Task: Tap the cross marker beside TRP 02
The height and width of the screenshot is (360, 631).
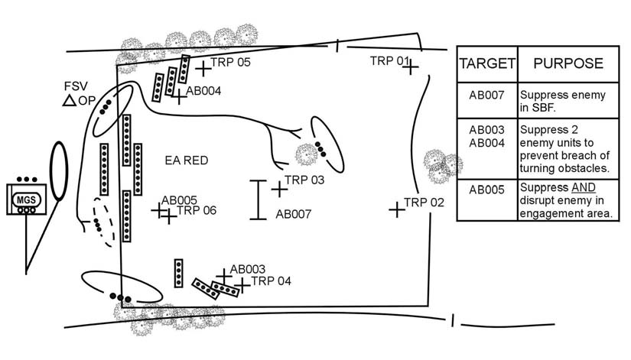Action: click(x=396, y=209)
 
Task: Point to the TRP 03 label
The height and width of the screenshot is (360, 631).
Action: click(x=304, y=180)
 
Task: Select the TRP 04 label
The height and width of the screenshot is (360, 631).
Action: click(x=271, y=281)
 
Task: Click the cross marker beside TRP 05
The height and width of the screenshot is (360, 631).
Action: click(x=203, y=69)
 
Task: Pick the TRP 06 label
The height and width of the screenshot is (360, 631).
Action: click(x=197, y=211)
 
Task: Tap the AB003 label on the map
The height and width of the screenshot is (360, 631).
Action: click(x=247, y=269)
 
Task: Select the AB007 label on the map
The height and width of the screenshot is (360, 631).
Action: click(x=294, y=215)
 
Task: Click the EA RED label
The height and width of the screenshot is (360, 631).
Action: click(x=187, y=161)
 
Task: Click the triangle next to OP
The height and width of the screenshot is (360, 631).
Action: click(x=69, y=100)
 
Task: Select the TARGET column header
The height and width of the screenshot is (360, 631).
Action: click(x=487, y=63)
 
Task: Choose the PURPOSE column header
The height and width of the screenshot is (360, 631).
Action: click(x=568, y=63)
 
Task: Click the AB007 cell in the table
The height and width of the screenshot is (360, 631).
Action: click(x=487, y=96)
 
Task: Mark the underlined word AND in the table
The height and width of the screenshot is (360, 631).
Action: click(x=583, y=187)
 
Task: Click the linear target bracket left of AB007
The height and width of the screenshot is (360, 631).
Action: click(x=258, y=199)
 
